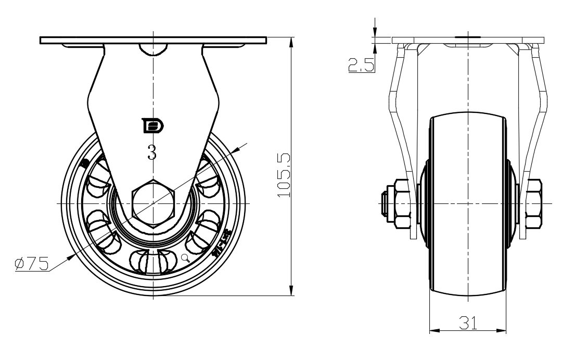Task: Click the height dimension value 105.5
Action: tap(283, 175)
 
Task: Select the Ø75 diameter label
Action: tap(32, 264)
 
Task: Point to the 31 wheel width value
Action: tap(468, 323)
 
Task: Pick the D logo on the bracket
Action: tap(153, 126)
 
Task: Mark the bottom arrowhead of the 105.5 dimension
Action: tap(291, 291)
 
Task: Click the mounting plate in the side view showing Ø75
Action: tap(152, 40)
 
